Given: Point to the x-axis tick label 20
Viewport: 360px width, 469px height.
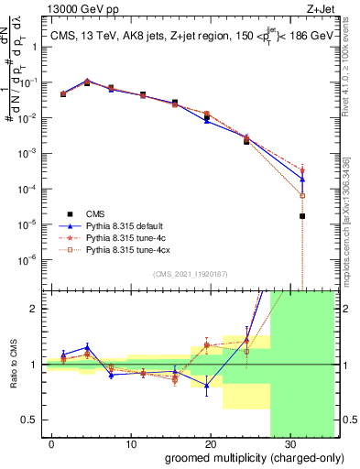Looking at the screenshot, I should point(210,443).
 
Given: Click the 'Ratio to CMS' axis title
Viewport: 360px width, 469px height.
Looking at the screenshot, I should point(12,365).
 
